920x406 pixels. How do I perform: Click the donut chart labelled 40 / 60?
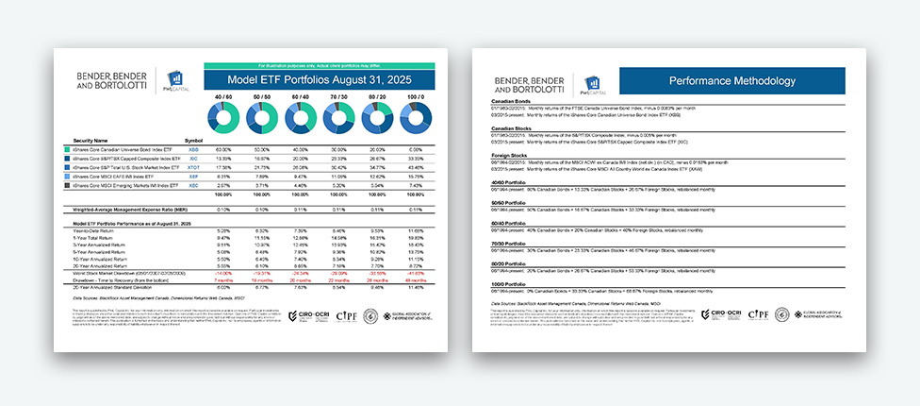click(x=223, y=118)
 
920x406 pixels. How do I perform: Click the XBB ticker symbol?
click(x=193, y=149)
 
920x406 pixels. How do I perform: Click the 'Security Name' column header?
click(x=92, y=141)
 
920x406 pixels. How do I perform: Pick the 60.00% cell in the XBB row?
click(x=223, y=149)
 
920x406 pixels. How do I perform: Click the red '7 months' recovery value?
click(x=223, y=281)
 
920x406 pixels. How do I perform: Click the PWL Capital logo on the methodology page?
click(x=593, y=84)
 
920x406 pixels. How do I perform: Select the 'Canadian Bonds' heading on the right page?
click(x=511, y=102)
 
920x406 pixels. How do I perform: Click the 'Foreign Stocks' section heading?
click(x=510, y=154)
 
